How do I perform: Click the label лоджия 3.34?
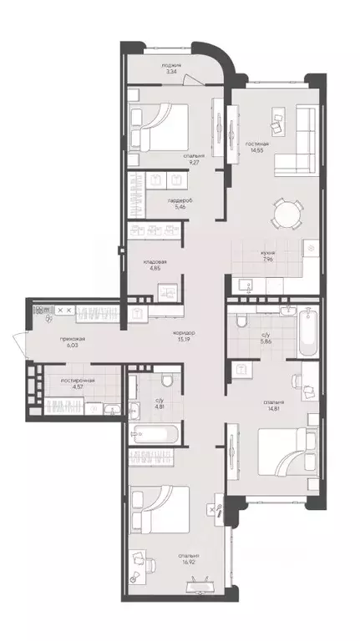point(173,68)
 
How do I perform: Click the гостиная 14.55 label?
point(256,148)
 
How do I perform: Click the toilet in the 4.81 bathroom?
point(168,381)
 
